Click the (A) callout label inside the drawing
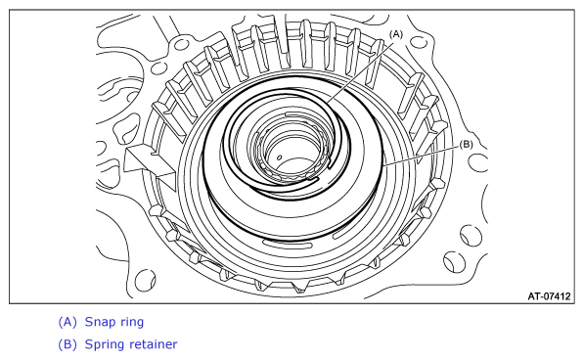(x=396, y=34)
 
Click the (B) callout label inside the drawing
(x=466, y=144)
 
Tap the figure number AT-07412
(x=549, y=296)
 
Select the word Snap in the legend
(x=99, y=322)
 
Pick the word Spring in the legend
(x=104, y=344)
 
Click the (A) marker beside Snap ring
(x=67, y=322)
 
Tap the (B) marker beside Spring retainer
(x=67, y=344)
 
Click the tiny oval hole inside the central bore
(x=280, y=157)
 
